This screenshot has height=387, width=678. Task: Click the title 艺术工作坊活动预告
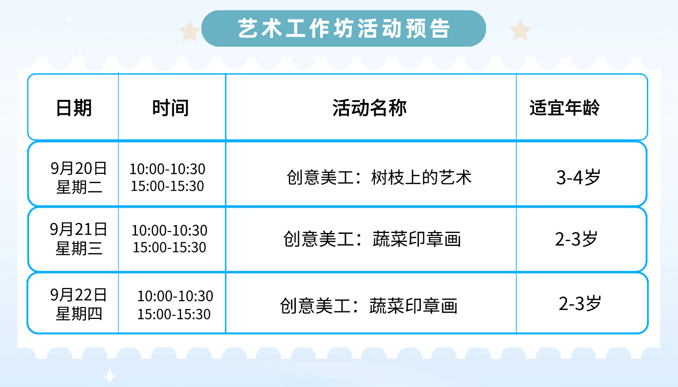click(344, 28)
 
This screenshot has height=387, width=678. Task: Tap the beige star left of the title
click(190, 31)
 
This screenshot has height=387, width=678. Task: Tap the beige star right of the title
click(520, 30)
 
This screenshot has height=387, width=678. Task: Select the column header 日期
click(74, 108)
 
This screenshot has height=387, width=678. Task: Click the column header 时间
click(170, 108)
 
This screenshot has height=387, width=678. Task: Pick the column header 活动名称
click(370, 108)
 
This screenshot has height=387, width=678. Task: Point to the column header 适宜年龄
click(564, 108)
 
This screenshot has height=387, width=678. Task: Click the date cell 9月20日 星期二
click(79, 177)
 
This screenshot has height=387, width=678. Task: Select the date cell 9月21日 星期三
click(79, 238)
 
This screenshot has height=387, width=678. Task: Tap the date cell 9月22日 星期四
click(79, 304)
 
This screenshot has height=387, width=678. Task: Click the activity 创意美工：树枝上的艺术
click(379, 177)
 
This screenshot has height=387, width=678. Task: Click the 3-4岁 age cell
click(578, 177)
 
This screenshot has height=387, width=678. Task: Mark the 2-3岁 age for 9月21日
click(576, 239)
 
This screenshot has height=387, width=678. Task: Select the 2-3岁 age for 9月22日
click(580, 304)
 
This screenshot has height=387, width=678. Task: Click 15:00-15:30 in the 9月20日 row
click(167, 186)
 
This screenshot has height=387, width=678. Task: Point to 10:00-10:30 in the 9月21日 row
click(169, 231)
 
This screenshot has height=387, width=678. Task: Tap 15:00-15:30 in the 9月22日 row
click(174, 314)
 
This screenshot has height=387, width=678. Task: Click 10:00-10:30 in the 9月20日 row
click(167, 169)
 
